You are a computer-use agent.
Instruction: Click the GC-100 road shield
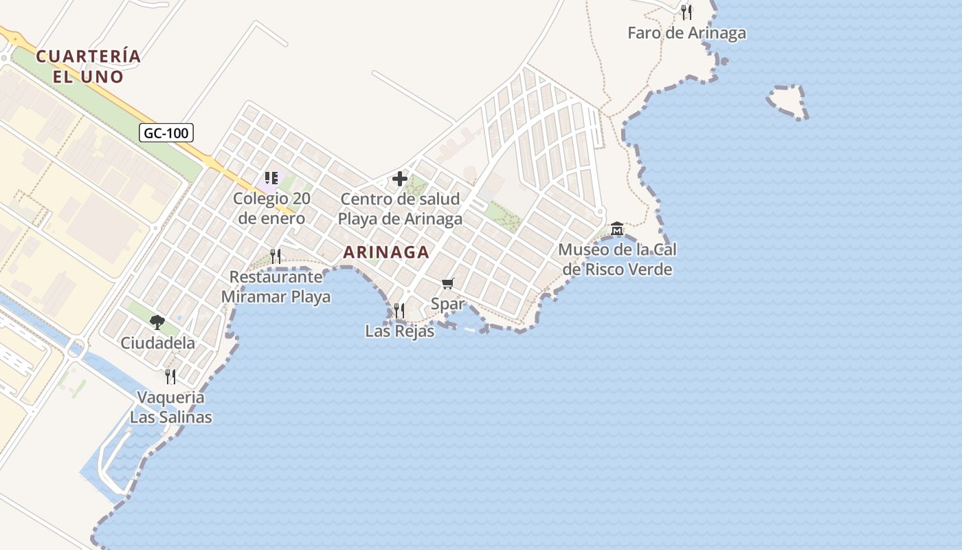166,133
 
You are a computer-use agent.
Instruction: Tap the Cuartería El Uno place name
89,66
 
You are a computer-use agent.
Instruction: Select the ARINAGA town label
386,252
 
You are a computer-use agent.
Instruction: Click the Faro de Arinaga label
686,33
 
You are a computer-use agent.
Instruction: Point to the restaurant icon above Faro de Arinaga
686,12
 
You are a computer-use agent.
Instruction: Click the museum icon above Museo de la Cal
617,228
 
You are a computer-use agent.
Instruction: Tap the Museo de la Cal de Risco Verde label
617,259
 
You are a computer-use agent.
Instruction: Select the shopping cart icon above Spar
448,283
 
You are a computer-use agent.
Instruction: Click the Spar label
448,303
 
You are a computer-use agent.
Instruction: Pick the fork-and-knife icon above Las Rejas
399,311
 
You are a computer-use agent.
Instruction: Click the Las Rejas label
399,331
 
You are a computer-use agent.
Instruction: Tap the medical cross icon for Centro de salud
400,179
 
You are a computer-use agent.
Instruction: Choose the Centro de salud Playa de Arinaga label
400,209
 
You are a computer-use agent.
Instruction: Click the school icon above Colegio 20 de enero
271,179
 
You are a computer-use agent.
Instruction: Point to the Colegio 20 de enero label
271,209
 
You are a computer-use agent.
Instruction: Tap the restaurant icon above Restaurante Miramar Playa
276,256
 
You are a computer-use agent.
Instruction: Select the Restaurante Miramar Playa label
276,287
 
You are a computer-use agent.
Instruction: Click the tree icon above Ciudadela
157,322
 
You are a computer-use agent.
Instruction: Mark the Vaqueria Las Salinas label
171,407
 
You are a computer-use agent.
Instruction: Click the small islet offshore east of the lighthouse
787,102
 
